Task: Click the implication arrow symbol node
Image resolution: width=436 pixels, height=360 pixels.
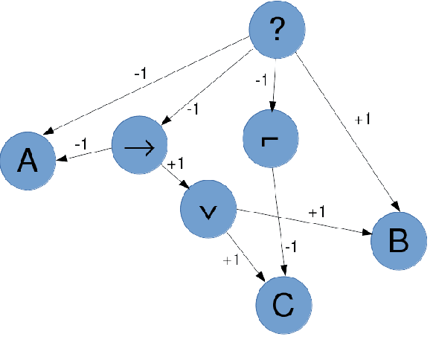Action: coord(139,146)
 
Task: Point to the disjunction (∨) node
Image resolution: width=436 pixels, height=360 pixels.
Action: coord(209,211)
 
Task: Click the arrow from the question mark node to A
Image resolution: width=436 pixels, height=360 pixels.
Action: coord(149,90)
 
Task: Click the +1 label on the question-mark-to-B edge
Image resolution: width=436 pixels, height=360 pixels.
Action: coord(362,120)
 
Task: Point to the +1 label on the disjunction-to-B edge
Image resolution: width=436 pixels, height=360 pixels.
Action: coord(316,213)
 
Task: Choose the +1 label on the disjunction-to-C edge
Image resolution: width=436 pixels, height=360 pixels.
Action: coord(230,260)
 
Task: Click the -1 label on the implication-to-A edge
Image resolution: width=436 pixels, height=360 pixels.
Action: coord(81,143)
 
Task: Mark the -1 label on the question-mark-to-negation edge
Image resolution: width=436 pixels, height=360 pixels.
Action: coord(261,80)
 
